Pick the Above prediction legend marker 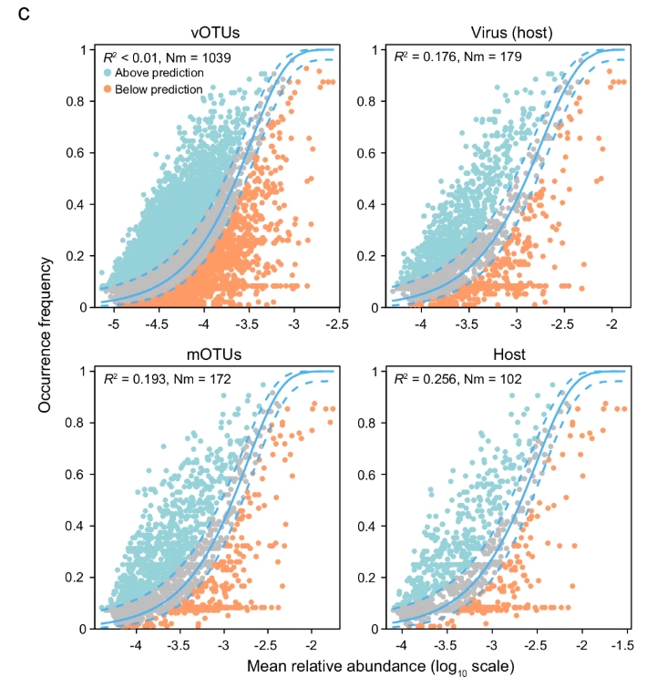pyautogui.click(x=109, y=73)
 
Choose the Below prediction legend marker pyautogui.click(x=109, y=89)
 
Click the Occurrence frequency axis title pyautogui.click(x=45, y=333)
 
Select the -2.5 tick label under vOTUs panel pyautogui.click(x=338, y=324)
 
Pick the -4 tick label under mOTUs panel pyautogui.click(x=137, y=646)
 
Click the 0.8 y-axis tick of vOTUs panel pyautogui.click(x=78, y=101)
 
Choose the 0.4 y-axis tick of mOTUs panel pyautogui.click(x=78, y=527)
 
